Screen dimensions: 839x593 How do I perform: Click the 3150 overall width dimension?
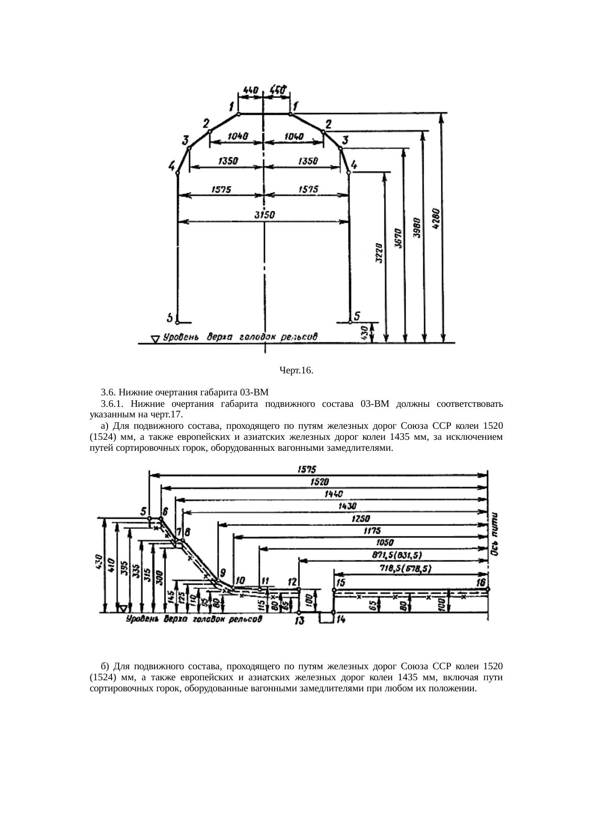tap(264, 215)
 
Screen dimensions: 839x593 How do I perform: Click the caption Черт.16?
tap(296, 370)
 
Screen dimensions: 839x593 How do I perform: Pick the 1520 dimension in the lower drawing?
tap(320, 481)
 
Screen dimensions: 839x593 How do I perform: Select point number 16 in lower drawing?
tap(481, 582)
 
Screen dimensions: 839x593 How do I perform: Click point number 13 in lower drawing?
tap(300, 621)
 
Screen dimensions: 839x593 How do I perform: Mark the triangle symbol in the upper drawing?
tap(155, 339)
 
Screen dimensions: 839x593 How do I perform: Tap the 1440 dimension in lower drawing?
tap(333, 494)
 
